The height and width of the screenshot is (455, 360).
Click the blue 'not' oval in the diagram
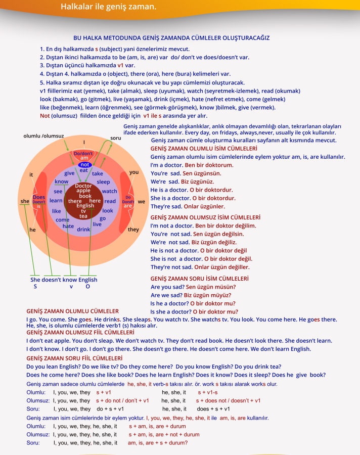[x=84, y=164]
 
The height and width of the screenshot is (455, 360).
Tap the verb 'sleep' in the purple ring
[x=103, y=182]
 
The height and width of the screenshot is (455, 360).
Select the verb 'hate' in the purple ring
[x=68, y=226]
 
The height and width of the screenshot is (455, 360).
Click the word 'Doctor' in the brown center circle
[x=83, y=186]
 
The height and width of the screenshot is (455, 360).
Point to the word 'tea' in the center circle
[x=83, y=216]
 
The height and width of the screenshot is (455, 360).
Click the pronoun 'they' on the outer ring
[x=133, y=230]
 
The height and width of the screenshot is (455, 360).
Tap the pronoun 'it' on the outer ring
[x=31, y=175]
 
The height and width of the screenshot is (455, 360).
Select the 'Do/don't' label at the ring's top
[x=83, y=153]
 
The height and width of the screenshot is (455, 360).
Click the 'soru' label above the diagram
[x=116, y=138]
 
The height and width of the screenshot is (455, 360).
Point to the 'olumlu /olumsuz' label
[x=43, y=136]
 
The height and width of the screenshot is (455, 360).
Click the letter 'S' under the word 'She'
[x=35, y=287]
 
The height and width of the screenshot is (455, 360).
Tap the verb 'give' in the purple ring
[x=70, y=173]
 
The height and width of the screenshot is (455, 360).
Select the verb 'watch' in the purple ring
[x=109, y=192]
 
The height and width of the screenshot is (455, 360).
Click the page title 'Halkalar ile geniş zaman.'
[x=108, y=7]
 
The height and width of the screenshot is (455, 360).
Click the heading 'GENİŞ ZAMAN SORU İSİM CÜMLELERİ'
[x=199, y=279]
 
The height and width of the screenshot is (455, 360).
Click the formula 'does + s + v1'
[x=213, y=409]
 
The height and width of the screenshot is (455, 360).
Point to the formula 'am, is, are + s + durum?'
[x=158, y=443]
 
